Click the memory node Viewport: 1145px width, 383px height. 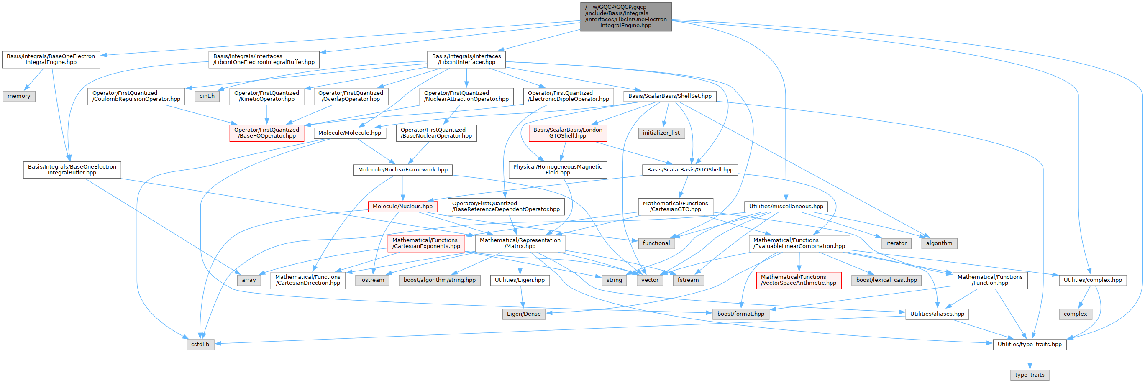click(x=19, y=96)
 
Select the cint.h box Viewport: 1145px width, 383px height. click(x=207, y=96)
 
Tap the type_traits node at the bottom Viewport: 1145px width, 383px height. click(x=1030, y=375)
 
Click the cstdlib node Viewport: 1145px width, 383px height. click(x=200, y=345)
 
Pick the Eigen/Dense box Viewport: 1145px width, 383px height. click(x=524, y=314)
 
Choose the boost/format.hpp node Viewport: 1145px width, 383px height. click(x=740, y=314)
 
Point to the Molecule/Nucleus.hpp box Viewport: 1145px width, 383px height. click(x=402, y=206)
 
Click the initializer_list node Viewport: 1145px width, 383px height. click(x=661, y=133)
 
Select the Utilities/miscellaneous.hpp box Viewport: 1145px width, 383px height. click(x=786, y=206)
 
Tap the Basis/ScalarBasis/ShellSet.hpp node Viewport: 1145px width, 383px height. click(x=669, y=96)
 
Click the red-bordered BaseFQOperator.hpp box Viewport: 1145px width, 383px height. click(x=267, y=133)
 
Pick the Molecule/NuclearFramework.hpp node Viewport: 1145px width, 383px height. click(x=403, y=170)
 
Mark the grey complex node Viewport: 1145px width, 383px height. click(x=1075, y=314)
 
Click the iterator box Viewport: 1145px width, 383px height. click(x=896, y=243)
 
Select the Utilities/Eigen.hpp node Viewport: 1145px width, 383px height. click(x=520, y=280)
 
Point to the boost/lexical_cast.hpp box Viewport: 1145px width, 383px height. click(x=886, y=280)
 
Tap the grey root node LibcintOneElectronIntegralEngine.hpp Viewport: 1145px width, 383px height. click(x=625, y=16)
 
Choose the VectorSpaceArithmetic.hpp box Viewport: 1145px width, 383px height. click(x=798, y=280)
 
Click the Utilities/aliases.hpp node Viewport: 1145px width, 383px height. click(x=937, y=314)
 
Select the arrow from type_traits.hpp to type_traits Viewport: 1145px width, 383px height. click(x=1030, y=360)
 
